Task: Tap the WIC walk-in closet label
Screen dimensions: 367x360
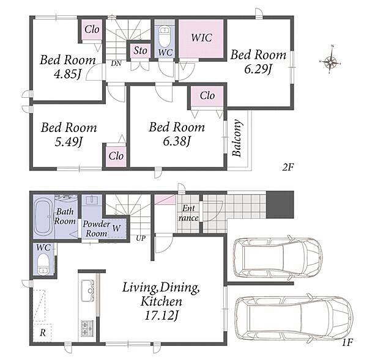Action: click(201, 38)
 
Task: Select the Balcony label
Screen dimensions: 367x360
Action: click(237, 138)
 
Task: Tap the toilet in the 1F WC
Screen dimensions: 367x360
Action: click(43, 264)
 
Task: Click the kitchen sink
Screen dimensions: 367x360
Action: click(87, 291)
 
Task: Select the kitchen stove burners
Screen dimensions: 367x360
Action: click(87, 328)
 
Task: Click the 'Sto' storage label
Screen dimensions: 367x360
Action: click(140, 50)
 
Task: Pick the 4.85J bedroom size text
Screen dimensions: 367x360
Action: click(67, 74)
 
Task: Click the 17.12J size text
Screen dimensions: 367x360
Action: click(161, 315)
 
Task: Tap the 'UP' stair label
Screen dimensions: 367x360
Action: click(141, 238)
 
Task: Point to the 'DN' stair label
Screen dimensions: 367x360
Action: click(116, 63)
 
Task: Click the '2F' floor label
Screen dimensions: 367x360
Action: click(287, 167)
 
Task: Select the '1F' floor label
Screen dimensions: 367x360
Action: click(347, 342)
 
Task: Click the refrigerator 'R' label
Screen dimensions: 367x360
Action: click(43, 332)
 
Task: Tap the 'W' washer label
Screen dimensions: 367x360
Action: click(116, 228)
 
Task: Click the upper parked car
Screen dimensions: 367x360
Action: click(278, 258)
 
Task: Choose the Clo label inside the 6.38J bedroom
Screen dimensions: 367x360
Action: click(207, 95)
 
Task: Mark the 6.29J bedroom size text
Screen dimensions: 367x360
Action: click(258, 68)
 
